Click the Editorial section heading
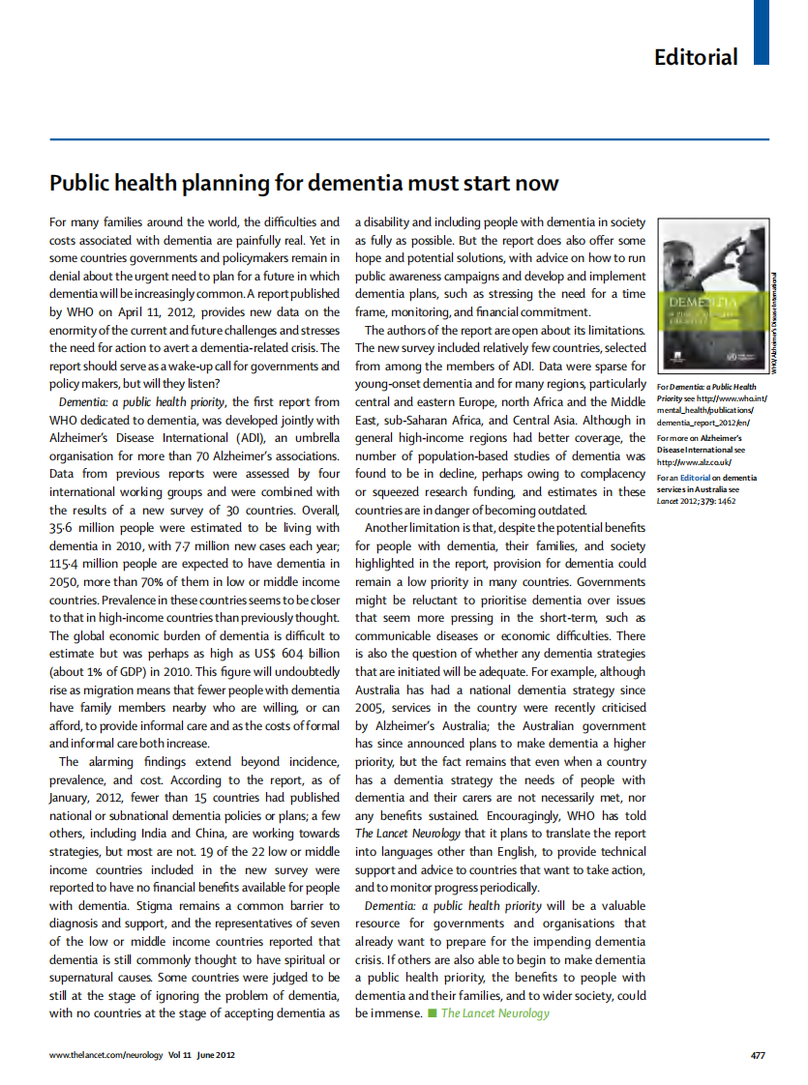coord(696,57)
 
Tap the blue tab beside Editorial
coord(762,31)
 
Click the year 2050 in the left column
coord(67,581)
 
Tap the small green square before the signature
coord(432,1013)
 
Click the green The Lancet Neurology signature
coord(494,1013)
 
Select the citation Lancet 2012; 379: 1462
coord(697,501)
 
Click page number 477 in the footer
coord(759,1055)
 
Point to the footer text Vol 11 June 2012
coord(201,1055)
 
